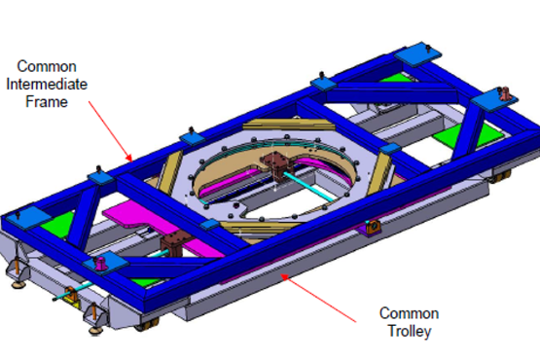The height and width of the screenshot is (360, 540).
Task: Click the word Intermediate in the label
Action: [x=47, y=84]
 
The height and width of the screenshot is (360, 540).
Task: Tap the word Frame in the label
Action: [x=47, y=102]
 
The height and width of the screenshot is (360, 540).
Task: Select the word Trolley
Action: [x=410, y=332]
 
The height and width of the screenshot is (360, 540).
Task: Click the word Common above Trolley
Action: [x=409, y=313]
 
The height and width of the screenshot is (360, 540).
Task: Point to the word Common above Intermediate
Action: [x=47, y=66]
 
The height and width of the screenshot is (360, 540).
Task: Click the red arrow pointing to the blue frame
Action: [x=110, y=131]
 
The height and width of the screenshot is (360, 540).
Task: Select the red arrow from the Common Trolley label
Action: [x=318, y=298]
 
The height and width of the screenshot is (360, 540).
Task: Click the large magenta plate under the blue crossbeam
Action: [x=162, y=228]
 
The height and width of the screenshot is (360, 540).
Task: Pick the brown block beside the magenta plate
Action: [x=175, y=243]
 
